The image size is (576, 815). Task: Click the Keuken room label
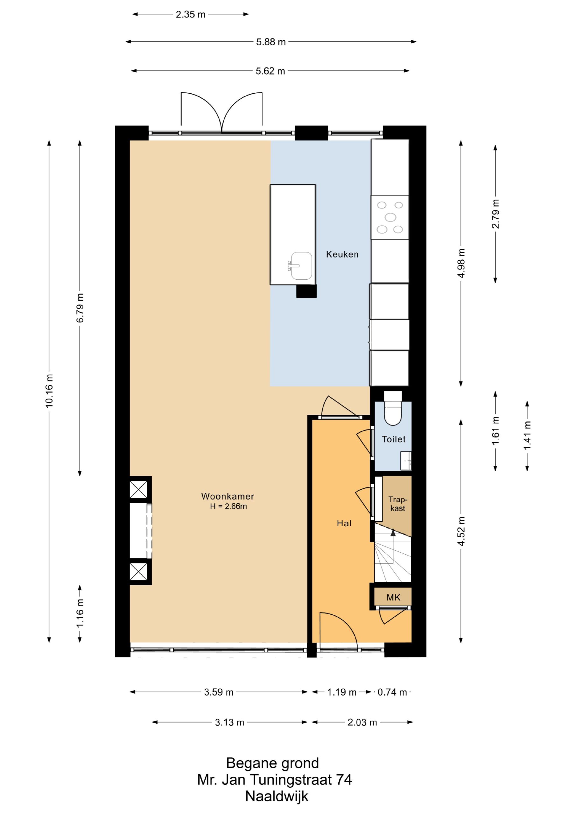pos(342,254)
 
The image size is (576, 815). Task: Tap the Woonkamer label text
pos(228,496)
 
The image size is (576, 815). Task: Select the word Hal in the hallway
pos(344,523)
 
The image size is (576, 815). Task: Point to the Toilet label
pos(394,439)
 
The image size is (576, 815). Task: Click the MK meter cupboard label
pos(393,598)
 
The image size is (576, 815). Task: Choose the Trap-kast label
pos(397,504)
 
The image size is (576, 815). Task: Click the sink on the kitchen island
pos(300,266)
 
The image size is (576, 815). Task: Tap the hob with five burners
pos(390,217)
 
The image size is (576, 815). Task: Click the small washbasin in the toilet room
pos(406,460)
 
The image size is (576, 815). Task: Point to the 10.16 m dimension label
pos(49,390)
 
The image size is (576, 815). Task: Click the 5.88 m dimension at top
pos(271,42)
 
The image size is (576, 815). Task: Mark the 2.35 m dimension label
pos(191,15)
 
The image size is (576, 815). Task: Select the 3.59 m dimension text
pos(219,692)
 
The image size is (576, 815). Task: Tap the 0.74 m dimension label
pos(392,692)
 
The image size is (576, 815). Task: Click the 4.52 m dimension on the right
pos(461,531)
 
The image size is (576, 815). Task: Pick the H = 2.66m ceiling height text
pos(228,507)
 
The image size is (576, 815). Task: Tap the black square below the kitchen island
pos(306,291)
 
